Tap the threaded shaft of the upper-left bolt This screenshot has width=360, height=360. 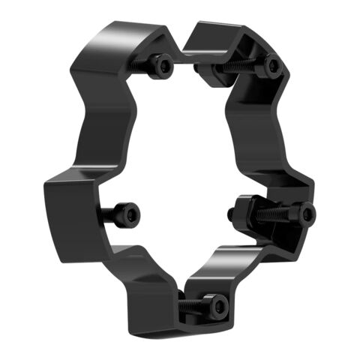pos(142,66)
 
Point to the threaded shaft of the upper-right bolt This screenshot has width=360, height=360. pos(244,66)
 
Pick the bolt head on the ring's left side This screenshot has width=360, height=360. pos(128,216)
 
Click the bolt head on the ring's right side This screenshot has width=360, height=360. pos(304,214)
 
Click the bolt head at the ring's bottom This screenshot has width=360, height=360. pos(217,306)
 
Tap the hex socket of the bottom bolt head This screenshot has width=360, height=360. pos(219,306)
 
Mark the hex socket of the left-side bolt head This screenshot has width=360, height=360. pos(130,216)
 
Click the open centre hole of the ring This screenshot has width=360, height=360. pos(180,165)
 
